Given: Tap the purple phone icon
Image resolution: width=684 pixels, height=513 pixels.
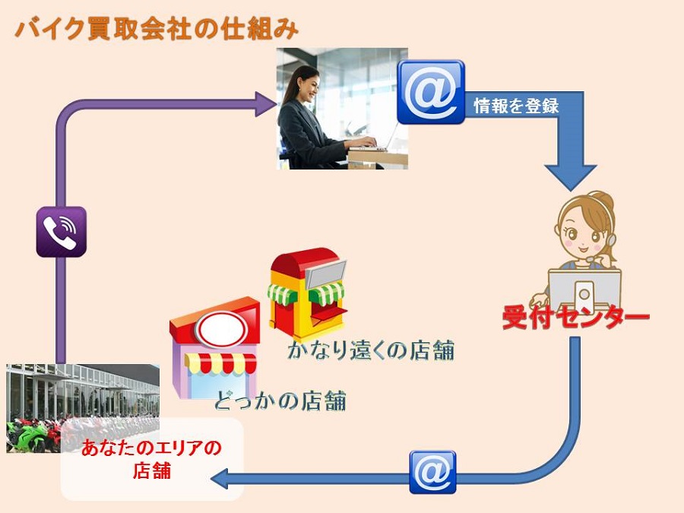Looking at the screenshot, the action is coord(61,232).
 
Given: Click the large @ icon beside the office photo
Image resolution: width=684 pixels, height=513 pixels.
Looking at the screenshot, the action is coord(431,92).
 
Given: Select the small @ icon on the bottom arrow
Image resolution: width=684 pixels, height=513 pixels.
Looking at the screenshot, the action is coord(432,472).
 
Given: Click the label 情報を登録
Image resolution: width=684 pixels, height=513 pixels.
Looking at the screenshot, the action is coord(516,106).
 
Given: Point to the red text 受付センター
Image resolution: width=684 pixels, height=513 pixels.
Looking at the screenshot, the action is coord(576,317).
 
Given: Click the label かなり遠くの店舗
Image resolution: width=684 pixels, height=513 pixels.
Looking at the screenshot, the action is coord(371,350).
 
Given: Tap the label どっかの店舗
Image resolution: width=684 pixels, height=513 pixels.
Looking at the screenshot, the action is coord(280,401).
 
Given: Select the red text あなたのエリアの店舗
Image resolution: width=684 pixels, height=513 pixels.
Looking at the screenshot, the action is coord(151,459).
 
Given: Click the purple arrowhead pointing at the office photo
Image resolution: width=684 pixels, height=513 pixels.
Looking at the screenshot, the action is coord(266,104).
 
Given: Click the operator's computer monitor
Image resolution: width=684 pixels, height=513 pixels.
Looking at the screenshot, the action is coord(584,288).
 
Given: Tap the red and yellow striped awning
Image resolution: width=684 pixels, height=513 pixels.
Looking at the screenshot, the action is coord(220,363).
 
